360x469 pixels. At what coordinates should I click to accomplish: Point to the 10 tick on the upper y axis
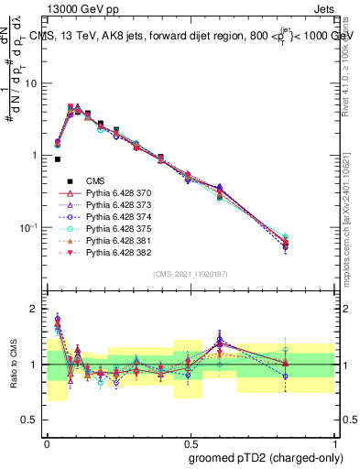click(x=36, y=83)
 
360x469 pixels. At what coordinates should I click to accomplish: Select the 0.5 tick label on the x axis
click(x=188, y=441)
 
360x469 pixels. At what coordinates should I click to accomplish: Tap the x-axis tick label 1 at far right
click(x=333, y=441)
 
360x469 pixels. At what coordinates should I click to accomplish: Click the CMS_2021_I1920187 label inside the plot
click(x=190, y=275)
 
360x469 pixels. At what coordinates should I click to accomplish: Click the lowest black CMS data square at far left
click(x=58, y=159)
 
